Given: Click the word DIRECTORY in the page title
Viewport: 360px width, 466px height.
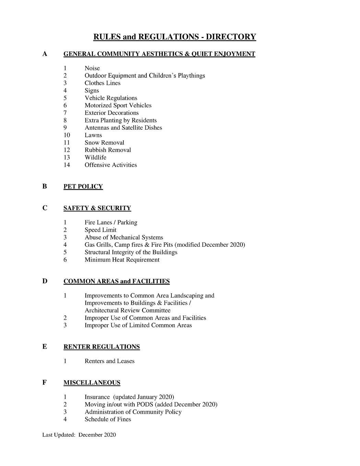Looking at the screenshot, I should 231,37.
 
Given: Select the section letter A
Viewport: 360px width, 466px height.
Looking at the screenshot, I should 45,54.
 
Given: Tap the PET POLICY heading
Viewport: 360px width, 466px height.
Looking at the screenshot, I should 83,187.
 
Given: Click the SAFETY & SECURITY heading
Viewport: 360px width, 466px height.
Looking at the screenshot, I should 97,208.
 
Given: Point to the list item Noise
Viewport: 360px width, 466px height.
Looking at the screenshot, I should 92,68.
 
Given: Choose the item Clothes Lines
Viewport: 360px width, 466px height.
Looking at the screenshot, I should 103,83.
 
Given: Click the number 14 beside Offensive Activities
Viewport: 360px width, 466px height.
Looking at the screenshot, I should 67,165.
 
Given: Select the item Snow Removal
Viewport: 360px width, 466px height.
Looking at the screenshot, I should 104,143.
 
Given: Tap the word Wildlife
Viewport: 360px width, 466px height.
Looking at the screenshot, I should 95,158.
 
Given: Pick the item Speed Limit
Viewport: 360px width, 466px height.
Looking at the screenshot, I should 100,230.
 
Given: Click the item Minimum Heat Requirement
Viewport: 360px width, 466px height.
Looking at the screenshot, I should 122,260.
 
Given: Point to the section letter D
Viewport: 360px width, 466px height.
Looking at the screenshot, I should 45,281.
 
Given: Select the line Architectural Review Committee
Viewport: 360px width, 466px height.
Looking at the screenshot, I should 127,311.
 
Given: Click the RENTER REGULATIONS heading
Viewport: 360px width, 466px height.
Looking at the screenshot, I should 101,347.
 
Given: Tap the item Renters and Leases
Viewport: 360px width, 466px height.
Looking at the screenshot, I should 109,361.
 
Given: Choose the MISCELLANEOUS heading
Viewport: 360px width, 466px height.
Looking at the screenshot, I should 92,383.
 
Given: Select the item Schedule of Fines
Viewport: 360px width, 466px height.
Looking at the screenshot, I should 108,419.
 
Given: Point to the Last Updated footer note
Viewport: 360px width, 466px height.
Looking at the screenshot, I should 79,435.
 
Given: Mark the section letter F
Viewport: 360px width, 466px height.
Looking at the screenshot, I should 45,383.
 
